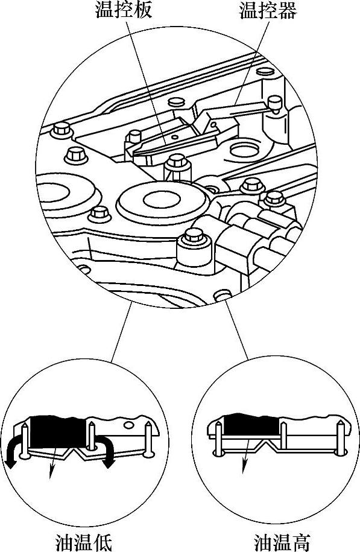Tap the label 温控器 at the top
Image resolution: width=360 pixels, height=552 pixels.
point(268,11)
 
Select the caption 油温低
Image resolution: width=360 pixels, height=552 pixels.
point(84,542)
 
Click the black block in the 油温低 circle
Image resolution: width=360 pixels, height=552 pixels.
point(57,431)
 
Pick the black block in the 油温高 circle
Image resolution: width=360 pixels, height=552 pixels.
point(252,425)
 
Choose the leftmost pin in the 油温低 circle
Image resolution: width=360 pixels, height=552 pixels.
point(25,440)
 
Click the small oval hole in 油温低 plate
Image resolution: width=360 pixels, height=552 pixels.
point(129,425)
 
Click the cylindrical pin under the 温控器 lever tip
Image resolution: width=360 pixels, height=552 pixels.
point(274,104)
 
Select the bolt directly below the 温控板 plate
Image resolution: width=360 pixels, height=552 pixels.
point(177,167)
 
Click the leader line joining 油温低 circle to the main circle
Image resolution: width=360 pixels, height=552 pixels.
point(121,332)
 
